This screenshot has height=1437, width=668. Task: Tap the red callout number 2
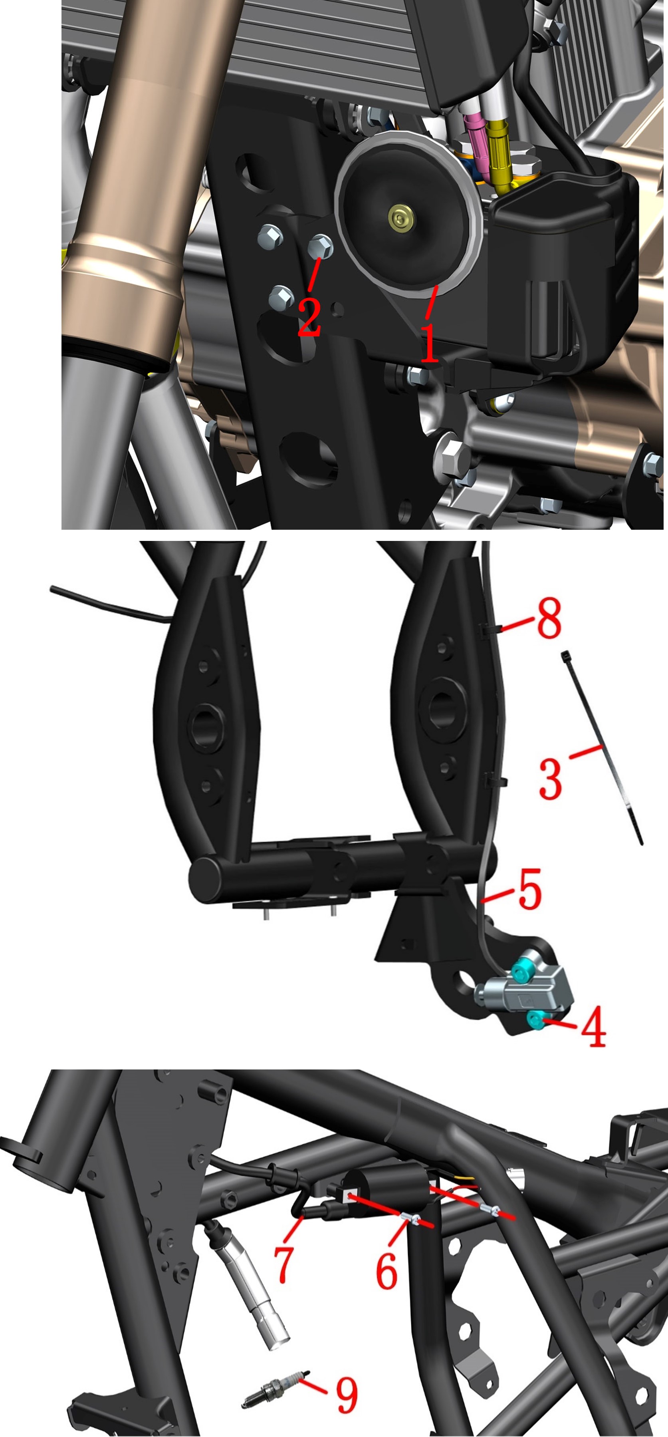[x=309, y=316]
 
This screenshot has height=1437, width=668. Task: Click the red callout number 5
[x=530, y=888]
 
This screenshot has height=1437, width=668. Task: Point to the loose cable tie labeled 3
[x=602, y=747]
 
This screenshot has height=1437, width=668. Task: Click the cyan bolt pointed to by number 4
[x=536, y=1019]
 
